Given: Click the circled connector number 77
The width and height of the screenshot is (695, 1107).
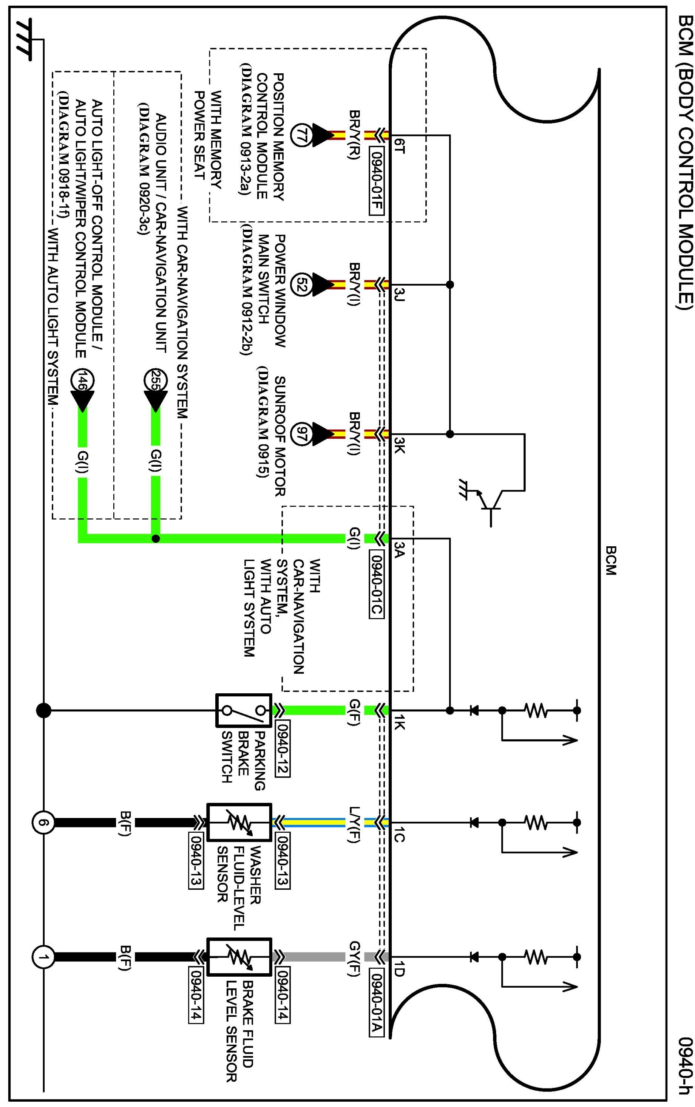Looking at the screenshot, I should (x=301, y=136).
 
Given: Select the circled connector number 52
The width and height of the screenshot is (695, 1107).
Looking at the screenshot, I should (x=301, y=284).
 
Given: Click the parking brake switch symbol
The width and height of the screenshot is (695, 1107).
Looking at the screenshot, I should (x=244, y=710).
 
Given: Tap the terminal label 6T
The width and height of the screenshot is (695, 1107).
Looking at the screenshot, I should (x=399, y=146).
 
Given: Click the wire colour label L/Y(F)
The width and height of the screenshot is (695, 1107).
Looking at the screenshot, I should (x=354, y=825).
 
